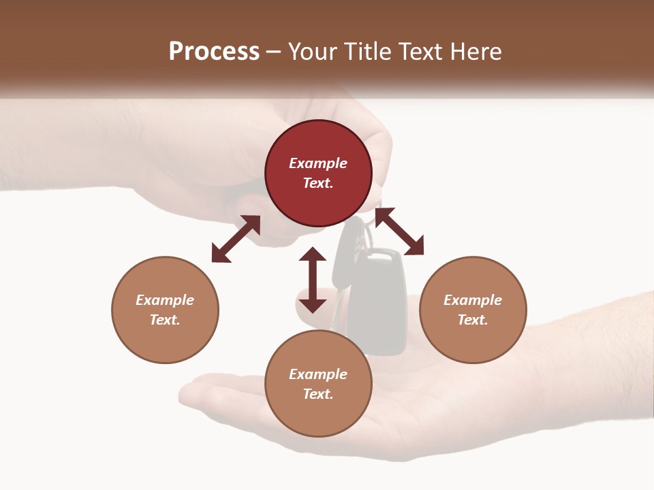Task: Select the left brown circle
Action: [165, 310]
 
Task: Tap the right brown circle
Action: [473, 310]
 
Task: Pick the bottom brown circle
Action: [318, 384]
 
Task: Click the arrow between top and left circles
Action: [236, 239]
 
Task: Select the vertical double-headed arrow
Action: [313, 280]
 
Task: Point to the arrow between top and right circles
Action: [399, 231]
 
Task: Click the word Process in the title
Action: [214, 51]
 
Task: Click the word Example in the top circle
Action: [318, 163]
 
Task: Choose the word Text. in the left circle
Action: [165, 320]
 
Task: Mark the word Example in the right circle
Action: [473, 300]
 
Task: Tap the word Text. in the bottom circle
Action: [318, 394]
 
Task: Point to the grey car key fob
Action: [379, 299]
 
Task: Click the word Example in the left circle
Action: [165, 300]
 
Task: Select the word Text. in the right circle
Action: [473, 320]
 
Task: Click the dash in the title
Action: [274, 52]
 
